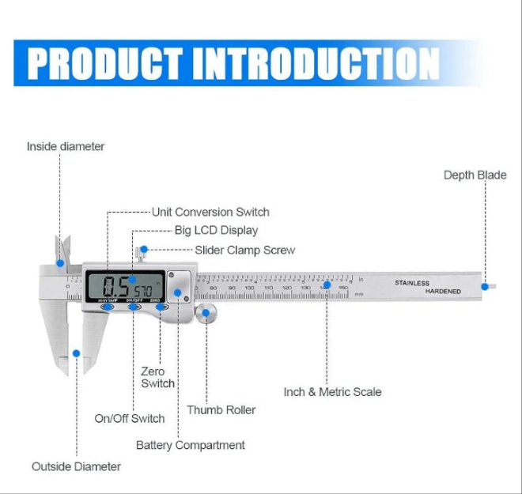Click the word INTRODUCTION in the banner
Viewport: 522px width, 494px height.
316,63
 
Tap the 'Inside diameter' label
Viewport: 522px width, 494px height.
66,146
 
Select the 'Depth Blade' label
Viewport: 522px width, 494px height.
475,175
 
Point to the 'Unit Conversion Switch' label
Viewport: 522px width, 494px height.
210,212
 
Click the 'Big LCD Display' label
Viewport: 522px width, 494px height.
216,231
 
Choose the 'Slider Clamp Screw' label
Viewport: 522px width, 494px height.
244,250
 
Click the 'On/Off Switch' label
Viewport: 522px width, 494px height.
130,418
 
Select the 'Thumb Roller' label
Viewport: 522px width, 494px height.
221,410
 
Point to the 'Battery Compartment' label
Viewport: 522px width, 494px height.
191,445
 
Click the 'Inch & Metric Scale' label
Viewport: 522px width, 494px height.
332,391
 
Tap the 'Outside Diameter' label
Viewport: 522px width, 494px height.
76,466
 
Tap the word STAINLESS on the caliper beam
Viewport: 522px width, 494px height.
412,282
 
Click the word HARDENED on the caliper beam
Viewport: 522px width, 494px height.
443,291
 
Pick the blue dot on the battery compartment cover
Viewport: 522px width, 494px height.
177,292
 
